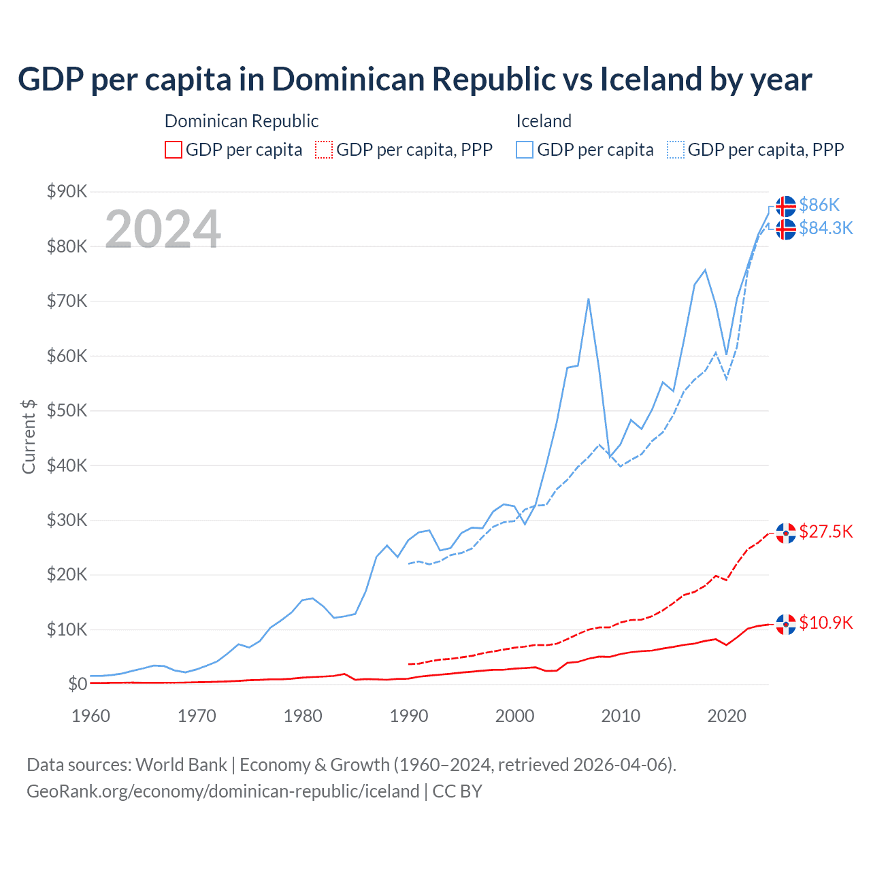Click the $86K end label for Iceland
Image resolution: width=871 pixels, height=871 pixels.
pos(819,205)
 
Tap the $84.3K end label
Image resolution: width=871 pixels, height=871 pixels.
pos(825,228)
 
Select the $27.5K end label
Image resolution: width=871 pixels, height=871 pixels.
pos(825,531)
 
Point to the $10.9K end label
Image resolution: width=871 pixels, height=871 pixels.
pos(825,623)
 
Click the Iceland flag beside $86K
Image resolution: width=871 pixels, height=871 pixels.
pos(786,206)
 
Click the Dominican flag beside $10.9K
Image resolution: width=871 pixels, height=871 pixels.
pos(786,623)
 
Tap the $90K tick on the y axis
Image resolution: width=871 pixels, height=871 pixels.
pos(67,191)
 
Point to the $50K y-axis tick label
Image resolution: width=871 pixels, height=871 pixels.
pos(67,410)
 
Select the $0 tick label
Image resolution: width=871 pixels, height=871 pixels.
pos(78,684)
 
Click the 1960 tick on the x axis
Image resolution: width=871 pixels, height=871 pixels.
pos(91,716)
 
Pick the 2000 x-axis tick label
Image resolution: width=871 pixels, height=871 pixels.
pos(515,716)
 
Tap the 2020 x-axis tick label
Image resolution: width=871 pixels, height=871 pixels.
pos(727,716)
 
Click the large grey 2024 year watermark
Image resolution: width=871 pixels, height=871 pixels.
pos(163,229)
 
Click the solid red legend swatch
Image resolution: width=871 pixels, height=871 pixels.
pos(174,150)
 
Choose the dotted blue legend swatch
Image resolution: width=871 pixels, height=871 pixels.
pos(676,150)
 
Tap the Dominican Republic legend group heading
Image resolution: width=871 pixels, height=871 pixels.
pos(242,121)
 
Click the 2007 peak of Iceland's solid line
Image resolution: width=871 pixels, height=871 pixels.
pos(588,299)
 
